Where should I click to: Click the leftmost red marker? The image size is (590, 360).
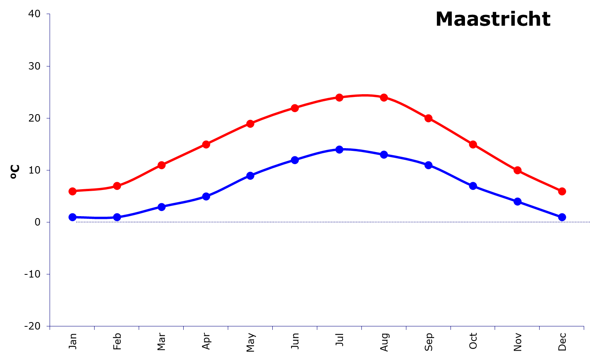[x=72, y=191]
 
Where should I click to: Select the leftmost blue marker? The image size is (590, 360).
[x=72, y=217]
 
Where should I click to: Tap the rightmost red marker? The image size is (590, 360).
[x=562, y=191]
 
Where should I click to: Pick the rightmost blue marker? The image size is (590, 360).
[x=562, y=217]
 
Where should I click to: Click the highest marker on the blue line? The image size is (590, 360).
[x=340, y=149]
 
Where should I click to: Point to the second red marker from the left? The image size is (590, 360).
[x=117, y=186]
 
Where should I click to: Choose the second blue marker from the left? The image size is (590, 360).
[x=117, y=217]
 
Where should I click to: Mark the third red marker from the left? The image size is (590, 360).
[x=161, y=165]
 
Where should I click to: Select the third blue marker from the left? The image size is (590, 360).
[x=161, y=206]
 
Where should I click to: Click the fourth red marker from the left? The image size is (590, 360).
[x=206, y=144]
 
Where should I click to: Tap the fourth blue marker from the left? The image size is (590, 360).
[x=206, y=196]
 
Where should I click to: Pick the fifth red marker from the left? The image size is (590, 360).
[x=250, y=124]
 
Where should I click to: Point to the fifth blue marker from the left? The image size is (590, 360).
[x=250, y=175]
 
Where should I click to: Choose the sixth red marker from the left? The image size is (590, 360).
[x=295, y=108]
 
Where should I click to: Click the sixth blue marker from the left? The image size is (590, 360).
[x=295, y=160]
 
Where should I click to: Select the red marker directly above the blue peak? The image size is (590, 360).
[x=340, y=97]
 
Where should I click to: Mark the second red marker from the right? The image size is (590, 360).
[x=517, y=170]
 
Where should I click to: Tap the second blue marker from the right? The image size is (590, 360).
[x=517, y=201]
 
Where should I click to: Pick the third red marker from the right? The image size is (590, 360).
[x=473, y=144]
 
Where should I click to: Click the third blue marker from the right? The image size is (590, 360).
[x=473, y=186]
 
